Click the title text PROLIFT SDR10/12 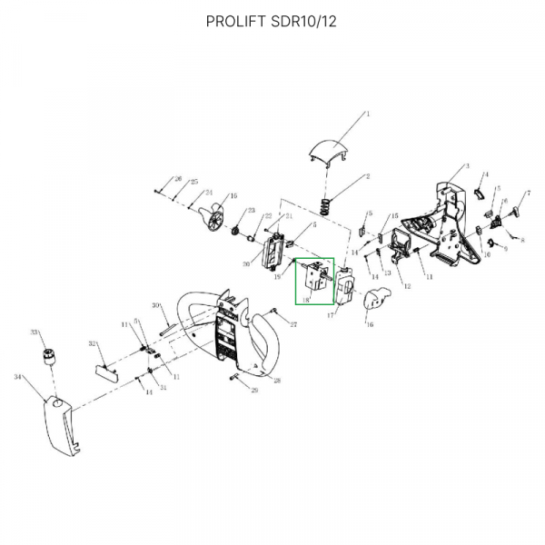(272, 21)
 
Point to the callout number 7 (528, 193)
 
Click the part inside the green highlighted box (313, 277)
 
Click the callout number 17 (332, 314)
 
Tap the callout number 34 (17, 375)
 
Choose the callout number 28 (277, 381)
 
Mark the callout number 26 (179, 178)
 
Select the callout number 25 (193, 183)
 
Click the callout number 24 (208, 192)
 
